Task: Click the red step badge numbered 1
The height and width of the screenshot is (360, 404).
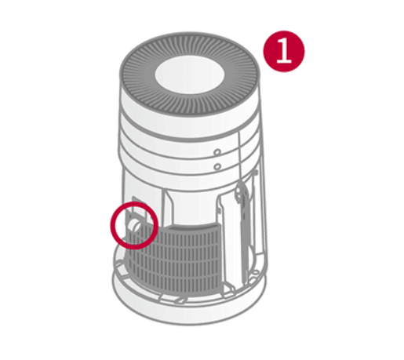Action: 284,51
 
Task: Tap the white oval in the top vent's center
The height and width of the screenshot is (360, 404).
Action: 190,75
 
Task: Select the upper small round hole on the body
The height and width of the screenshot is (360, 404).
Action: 217,152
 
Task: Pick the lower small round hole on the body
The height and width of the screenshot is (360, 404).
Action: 217,166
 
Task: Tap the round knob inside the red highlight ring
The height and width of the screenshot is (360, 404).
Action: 135,225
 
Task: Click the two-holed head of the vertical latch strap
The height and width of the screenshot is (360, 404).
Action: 241,193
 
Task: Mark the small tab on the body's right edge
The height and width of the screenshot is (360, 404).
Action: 255,173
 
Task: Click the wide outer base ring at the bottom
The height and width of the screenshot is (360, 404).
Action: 190,311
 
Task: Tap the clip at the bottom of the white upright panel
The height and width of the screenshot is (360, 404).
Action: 230,290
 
